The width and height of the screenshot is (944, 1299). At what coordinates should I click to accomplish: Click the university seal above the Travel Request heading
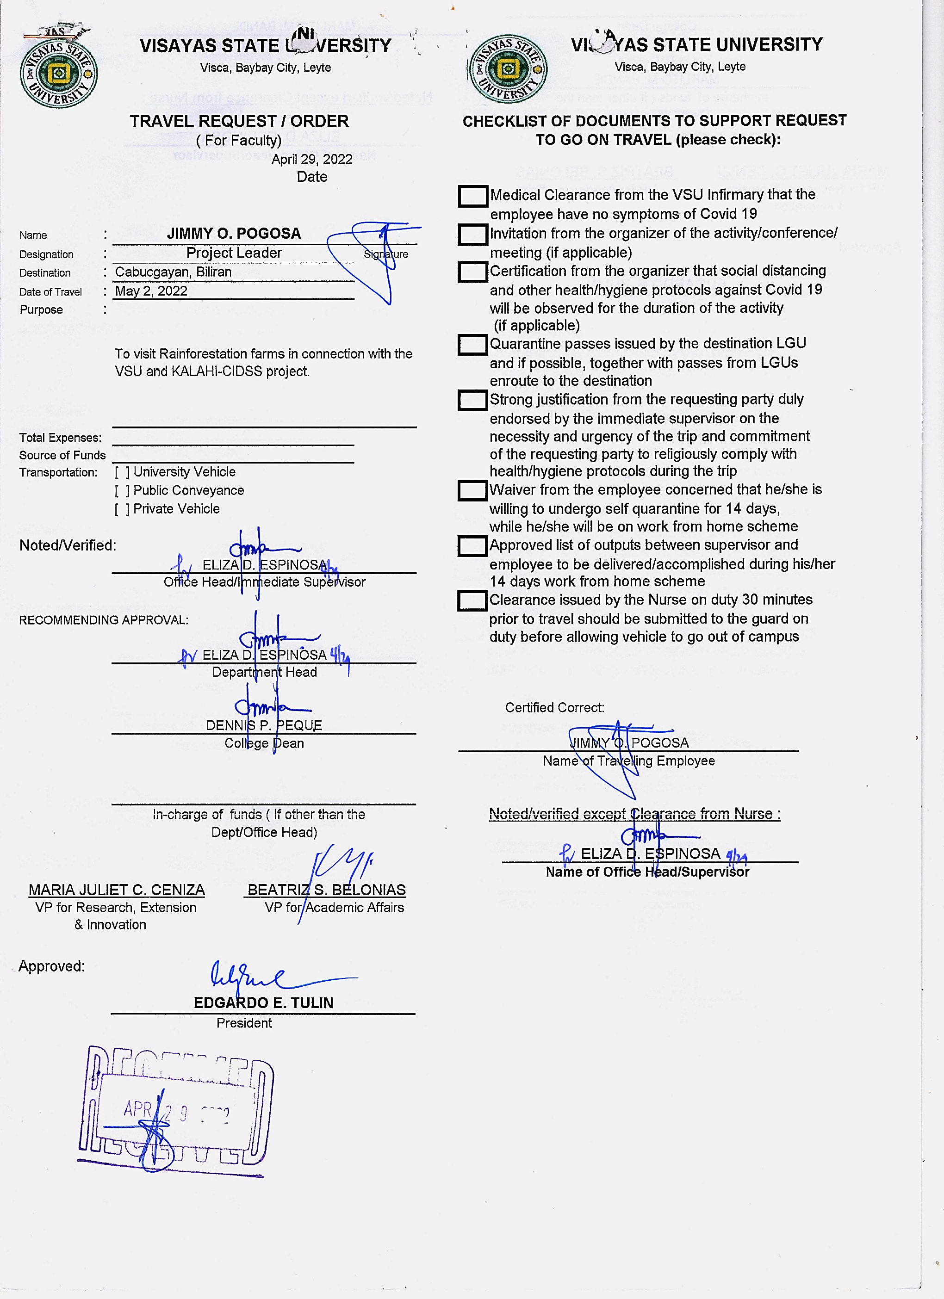click(58, 72)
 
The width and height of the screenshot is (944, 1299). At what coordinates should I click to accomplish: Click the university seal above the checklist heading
click(507, 69)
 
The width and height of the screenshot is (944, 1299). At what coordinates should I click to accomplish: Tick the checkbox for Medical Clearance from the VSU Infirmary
click(472, 196)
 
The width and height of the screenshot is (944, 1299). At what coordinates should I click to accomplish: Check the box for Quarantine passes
click(472, 345)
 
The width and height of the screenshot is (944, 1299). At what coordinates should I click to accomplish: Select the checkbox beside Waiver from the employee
click(472, 491)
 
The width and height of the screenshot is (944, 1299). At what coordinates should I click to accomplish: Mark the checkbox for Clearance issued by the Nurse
click(472, 601)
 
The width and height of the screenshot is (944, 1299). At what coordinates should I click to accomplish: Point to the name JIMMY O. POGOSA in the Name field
click(234, 233)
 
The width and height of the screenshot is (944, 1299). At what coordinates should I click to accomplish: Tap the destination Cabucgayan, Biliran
click(173, 272)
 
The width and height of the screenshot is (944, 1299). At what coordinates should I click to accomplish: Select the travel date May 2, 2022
click(151, 291)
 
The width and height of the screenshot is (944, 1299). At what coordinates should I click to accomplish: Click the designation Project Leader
click(234, 253)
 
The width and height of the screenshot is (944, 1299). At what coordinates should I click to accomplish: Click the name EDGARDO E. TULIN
click(263, 1002)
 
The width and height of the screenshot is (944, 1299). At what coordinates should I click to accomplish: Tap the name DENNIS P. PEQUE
click(264, 725)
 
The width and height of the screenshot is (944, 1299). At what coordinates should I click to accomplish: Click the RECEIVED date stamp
click(176, 1110)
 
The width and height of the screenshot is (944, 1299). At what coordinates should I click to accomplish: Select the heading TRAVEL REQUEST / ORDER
click(239, 121)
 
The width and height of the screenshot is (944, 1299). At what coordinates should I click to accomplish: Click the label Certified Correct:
click(554, 707)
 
